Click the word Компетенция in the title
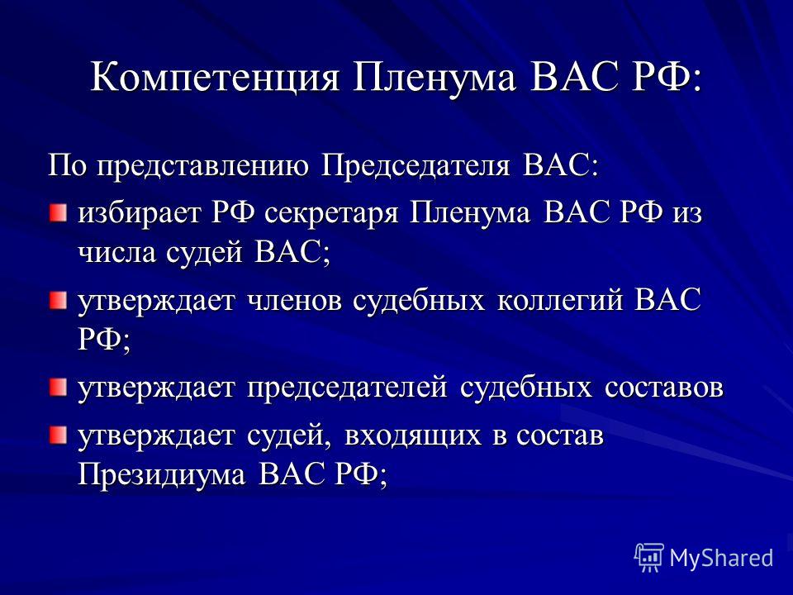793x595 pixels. click(x=215, y=78)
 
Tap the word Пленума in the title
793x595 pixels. click(x=434, y=76)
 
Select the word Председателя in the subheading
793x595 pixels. click(x=415, y=166)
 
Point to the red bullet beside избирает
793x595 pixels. click(x=58, y=212)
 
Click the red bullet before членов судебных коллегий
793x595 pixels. click(x=58, y=302)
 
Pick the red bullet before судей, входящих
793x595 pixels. click(x=58, y=436)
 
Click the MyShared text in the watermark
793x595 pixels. click(x=722, y=558)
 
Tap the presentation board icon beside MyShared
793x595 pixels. click(x=649, y=558)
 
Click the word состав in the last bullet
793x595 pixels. click(x=560, y=436)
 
